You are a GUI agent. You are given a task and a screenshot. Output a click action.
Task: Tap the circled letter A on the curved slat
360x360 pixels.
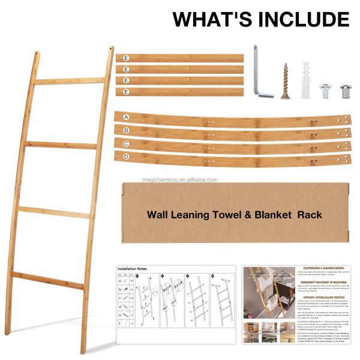125,116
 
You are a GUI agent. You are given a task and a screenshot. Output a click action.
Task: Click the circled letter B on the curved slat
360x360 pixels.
125,130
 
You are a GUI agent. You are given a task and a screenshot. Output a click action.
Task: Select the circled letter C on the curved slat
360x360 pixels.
125,144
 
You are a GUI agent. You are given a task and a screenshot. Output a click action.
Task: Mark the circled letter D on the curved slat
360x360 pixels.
125,157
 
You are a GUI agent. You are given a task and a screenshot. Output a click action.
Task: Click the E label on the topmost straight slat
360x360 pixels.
126,58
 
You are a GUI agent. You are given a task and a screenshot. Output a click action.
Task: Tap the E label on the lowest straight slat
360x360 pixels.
126,92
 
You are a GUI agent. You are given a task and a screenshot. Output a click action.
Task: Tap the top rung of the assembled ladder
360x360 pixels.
69,80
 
